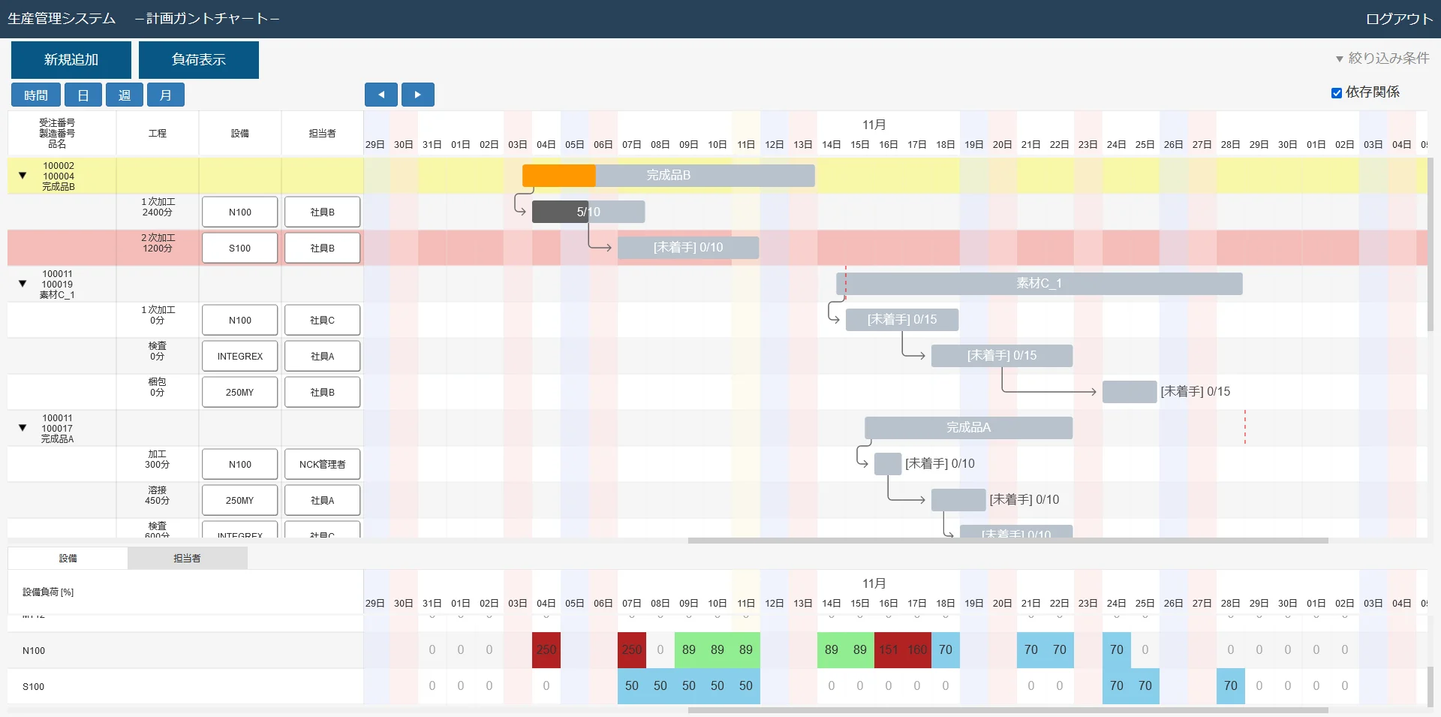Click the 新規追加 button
pos(71,60)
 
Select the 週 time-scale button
pos(125,95)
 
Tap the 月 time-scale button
pos(166,95)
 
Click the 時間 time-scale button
pos(36,95)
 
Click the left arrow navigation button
pos(381,95)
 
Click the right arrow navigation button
pos(418,95)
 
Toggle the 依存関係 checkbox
pos(1337,93)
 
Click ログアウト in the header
pos(1399,19)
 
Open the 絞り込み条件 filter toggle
pos(1382,59)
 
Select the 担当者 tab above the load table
pos(187,558)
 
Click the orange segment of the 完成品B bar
pos(558,176)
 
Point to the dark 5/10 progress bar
pos(560,212)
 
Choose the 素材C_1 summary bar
pos(1039,284)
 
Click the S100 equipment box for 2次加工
pos(240,248)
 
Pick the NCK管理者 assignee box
pos(323,464)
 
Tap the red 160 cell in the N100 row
pos(917,650)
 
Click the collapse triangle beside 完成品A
pos(23,428)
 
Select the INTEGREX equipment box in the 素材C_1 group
pos(240,356)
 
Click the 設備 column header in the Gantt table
pos(240,134)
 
